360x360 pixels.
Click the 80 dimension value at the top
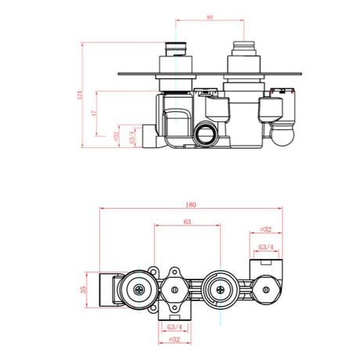[210, 16]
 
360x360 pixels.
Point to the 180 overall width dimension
[191, 205]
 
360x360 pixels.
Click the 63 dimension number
[187, 222]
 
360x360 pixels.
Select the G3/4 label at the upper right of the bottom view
[265, 247]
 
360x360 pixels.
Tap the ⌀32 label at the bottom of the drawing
[175, 339]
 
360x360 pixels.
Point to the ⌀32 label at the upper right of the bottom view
[265, 230]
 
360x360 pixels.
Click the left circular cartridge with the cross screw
[141, 290]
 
